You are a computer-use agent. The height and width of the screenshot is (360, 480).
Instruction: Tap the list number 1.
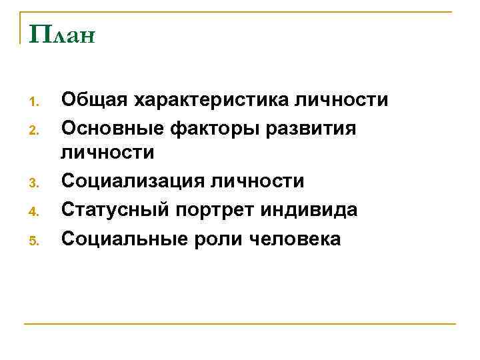click(37, 103)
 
